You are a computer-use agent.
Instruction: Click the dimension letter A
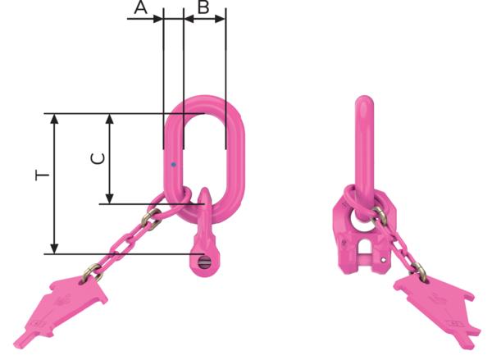[140, 7]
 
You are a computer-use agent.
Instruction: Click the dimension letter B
[203, 7]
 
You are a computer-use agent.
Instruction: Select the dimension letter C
[98, 158]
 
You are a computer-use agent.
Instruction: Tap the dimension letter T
[43, 175]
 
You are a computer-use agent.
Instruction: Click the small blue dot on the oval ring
[173, 165]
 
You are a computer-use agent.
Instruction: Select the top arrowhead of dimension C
[110, 120]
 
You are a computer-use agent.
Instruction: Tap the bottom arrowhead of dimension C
[110, 198]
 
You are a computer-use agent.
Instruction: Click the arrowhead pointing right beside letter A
[157, 19]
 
